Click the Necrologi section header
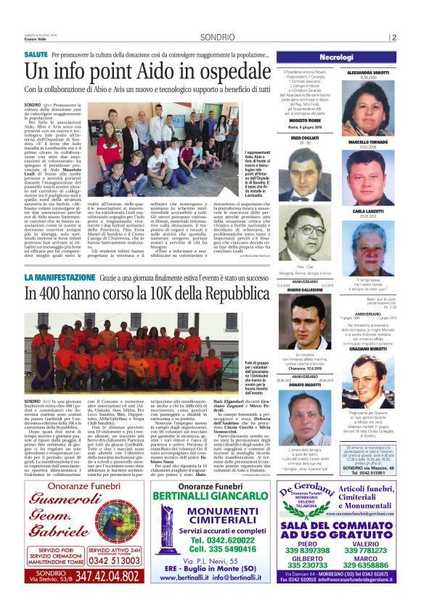tap(346, 57)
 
